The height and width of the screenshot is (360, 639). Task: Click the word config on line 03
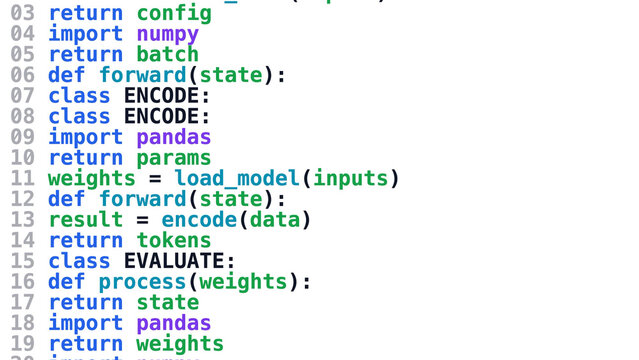pos(174,13)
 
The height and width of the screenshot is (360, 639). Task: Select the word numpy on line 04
pos(167,34)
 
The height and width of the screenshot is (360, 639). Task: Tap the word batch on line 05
pos(167,54)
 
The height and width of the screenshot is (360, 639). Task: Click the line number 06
pos(21,75)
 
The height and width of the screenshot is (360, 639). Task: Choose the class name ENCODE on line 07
pos(161,96)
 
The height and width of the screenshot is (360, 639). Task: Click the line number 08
pos(21,116)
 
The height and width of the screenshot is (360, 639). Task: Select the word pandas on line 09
pos(174,137)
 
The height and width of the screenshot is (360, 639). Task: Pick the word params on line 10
pos(174,158)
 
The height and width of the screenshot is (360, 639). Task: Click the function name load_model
pos(237,179)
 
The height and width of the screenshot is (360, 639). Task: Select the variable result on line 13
pos(85,220)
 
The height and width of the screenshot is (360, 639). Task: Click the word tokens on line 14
pos(174,240)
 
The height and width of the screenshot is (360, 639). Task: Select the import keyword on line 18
pos(85,323)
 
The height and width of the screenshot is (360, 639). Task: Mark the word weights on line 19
pos(180,344)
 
